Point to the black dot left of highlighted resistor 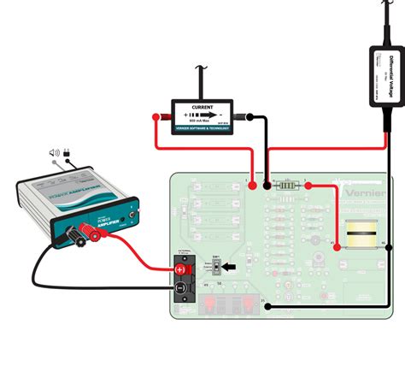coord(267,185)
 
